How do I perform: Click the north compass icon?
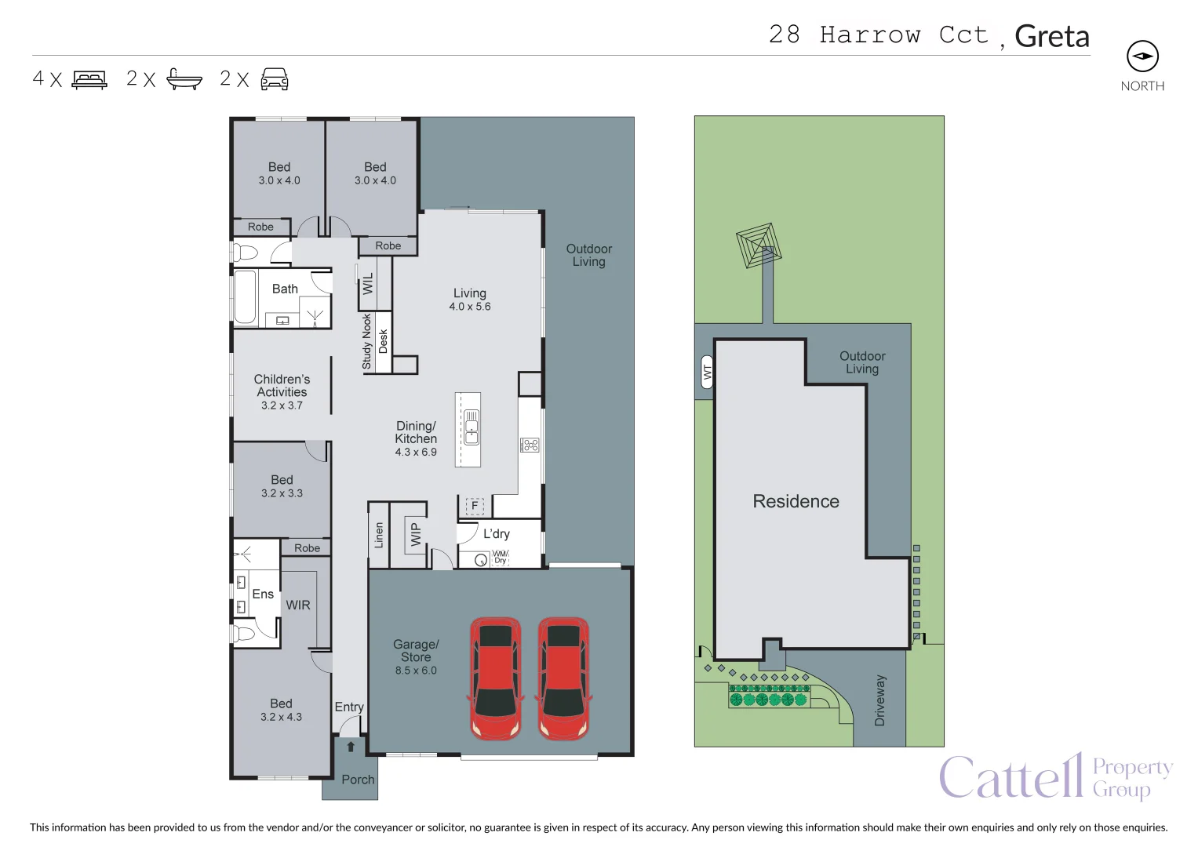pos(1142,56)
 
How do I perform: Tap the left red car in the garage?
pos(495,678)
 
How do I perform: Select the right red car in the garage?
pos(563,678)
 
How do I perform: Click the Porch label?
pos(358,780)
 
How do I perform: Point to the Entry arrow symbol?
pos(351,747)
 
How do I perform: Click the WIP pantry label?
pos(416,535)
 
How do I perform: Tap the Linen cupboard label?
pos(379,535)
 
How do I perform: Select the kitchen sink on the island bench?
pos(472,427)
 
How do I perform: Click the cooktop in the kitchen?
pos(530,445)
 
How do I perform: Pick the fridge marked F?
pos(475,505)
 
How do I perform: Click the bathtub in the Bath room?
pos(245,297)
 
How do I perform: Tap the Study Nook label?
pos(366,342)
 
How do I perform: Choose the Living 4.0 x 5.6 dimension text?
pos(470,307)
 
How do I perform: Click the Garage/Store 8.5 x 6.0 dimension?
pos(416,671)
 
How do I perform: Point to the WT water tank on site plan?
pos(707,372)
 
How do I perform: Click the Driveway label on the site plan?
pos(879,700)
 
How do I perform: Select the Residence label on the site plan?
pos(796,501)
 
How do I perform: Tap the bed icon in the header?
pos(90,79)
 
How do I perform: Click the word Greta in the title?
pos(1052,36)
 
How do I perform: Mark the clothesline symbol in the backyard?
pos(759,245)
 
